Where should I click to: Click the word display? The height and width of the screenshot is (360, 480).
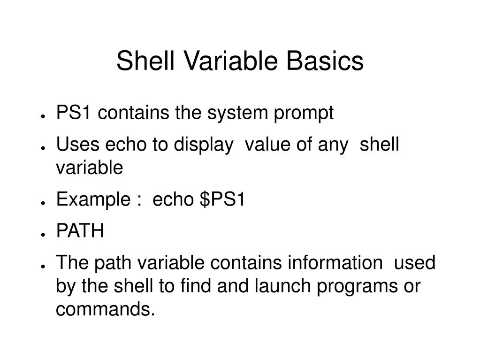point(204,145)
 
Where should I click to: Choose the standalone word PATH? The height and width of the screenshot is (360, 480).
point(80,231)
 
